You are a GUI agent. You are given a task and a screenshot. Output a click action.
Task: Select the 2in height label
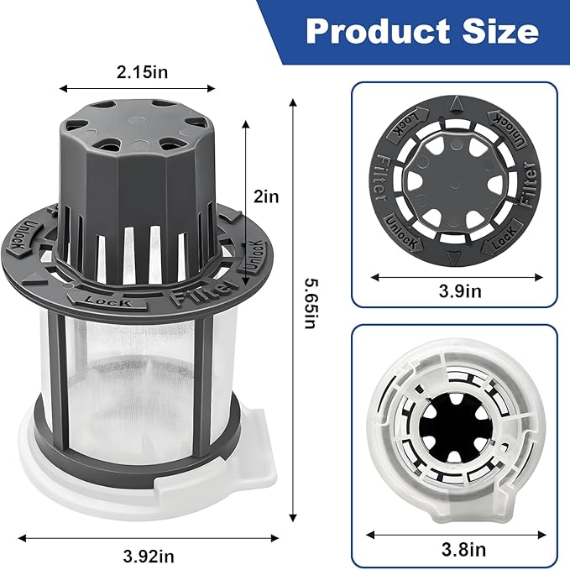coord(268,197)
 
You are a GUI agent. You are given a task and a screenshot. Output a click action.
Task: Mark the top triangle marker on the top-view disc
coord(454,104)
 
